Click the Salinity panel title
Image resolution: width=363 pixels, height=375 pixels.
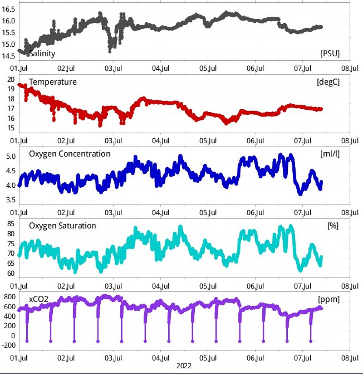point(42,54)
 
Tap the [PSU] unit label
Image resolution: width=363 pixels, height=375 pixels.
point(330,54)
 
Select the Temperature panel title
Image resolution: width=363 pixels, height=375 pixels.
point(53,82)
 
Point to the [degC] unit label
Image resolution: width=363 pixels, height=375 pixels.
point(328,82)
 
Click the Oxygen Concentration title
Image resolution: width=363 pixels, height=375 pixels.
point(70,154)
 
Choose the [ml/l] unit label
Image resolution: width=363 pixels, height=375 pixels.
point(330,154)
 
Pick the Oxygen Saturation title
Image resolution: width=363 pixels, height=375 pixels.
point(62,226)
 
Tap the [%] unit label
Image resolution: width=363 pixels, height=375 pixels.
point(333,226)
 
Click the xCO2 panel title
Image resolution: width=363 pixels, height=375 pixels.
point(38,299)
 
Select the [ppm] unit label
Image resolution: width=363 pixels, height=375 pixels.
point(329,299)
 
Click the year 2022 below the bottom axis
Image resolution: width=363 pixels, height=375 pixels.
point(184,366)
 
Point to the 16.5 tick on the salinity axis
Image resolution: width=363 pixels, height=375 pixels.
point(8,9)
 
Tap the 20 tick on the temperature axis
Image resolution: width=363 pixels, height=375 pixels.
point(11,80)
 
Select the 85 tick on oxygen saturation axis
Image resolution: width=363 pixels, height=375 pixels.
point(11,224)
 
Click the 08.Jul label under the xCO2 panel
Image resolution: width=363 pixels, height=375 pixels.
point(350,358)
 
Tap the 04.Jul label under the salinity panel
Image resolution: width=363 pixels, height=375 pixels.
point(161,68)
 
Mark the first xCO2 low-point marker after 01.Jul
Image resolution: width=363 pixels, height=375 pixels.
point(27,341)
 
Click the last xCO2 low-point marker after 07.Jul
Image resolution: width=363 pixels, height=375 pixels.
point(311,341)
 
